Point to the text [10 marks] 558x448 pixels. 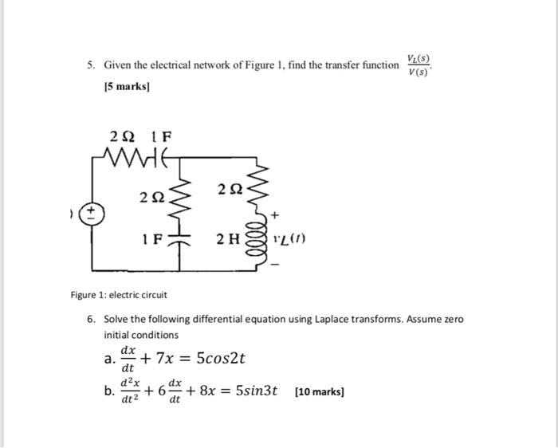click(x=319, y=392)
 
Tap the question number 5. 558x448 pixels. click(x=90, y=65)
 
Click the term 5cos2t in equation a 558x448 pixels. click(x=218, y=359)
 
